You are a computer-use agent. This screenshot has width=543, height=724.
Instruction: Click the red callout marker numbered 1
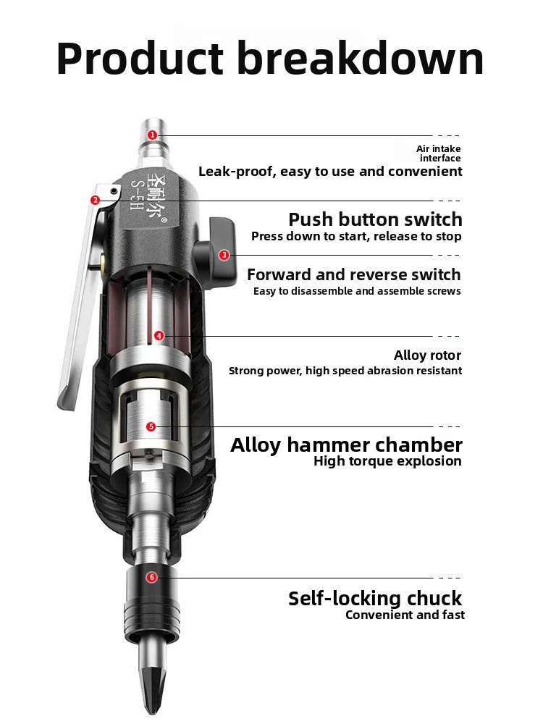(x=152, y=135)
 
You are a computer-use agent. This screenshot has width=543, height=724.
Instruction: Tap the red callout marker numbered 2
(x=95, y=200)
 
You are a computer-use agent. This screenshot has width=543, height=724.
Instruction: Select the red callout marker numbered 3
(x=224, y=254)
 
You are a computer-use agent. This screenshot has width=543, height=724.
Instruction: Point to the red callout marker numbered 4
(x=159, y=335)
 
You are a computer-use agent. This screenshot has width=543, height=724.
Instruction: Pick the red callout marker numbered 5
(x=151, y=426)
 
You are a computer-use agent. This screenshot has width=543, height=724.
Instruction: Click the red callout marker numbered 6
(x=151, y=577)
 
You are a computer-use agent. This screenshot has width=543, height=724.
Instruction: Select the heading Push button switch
(x=375, y=219)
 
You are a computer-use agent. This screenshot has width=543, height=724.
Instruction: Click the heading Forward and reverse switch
(x=353, y=274)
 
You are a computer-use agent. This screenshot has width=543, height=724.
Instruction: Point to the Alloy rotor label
(x=427, y=355)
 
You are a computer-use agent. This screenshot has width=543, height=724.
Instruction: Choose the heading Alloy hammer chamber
(x=346, y=445)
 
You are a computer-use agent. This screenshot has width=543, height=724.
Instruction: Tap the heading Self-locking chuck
(x=374, y=599)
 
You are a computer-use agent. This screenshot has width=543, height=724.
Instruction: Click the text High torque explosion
(x=387, y=461)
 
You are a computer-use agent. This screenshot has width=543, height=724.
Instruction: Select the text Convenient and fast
(x=405, y=615)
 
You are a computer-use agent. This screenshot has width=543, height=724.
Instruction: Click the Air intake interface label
(x=439, y=153)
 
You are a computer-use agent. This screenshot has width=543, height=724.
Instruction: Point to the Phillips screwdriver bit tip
(x=151, y=677)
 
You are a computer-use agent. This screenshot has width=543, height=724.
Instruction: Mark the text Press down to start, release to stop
(x=356, y=237)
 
